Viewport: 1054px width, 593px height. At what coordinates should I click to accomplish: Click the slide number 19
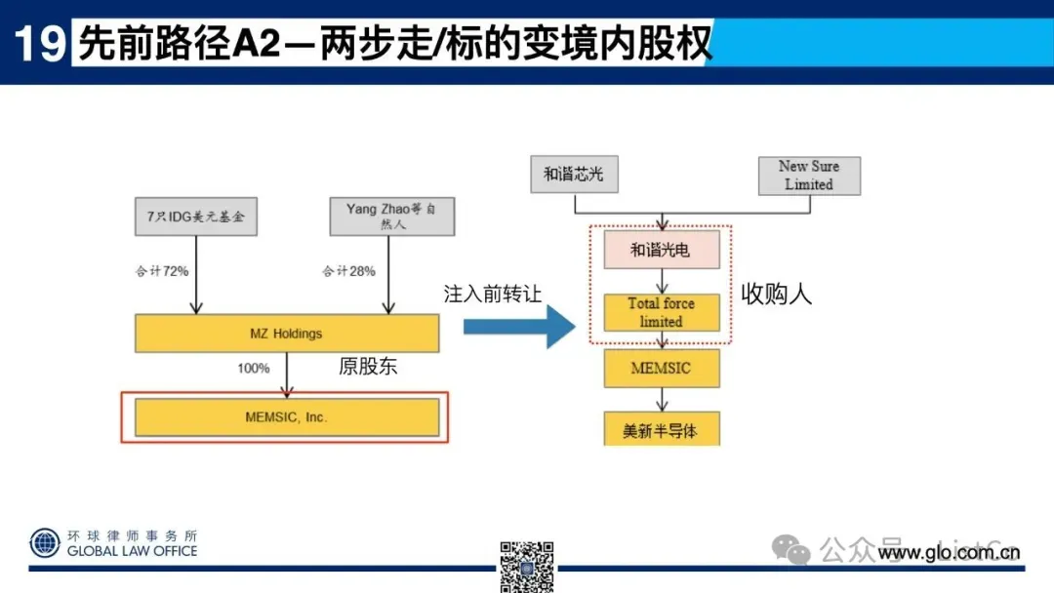[x=38, y=43]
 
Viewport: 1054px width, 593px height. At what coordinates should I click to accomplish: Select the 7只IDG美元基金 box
[x=196, y=217]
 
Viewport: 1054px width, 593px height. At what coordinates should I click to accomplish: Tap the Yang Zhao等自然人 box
[x=391, y=217]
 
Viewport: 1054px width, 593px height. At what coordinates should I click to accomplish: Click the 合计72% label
[x=162, y=271]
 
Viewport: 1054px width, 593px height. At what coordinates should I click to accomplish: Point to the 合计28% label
[x=349, y=271]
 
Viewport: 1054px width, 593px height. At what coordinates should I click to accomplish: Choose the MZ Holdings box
[x=286, y=334]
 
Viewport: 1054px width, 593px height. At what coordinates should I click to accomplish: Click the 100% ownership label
[x=253, y=369]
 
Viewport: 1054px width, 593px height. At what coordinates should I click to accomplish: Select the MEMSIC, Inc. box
[x=286, y=417]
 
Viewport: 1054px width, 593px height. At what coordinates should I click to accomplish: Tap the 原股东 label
[x=369, y=367]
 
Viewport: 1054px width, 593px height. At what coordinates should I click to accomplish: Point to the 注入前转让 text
[x=492, y=294]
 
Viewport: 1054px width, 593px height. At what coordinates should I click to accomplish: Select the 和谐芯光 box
[x=574, y=174]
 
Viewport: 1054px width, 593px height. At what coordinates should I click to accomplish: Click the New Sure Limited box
[x=809, y=175]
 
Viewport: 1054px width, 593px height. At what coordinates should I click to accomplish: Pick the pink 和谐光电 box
[x=661, y=250]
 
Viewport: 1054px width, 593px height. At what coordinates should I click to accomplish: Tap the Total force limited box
[x=661, y=312]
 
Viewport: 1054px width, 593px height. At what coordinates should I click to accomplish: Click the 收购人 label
[x=777, y=294]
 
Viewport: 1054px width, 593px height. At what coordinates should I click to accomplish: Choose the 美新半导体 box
[x=661, y=430]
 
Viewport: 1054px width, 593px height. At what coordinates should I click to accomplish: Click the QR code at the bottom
[x=527, y=566]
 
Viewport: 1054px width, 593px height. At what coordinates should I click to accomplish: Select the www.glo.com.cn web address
[x=949, y=554]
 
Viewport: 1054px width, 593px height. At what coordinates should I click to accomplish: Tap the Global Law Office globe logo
[x=44, y=542]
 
